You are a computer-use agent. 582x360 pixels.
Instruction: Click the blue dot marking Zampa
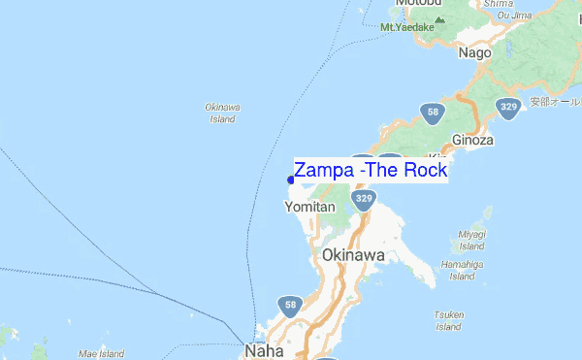[291, 179]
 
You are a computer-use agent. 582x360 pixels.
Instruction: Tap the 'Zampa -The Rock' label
[371, 171]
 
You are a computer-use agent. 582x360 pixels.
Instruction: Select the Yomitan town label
[310, 208]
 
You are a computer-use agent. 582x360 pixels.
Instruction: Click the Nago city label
[475, 53]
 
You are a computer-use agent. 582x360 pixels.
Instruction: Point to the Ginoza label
[473, 140]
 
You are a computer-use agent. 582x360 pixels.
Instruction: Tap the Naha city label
[263, 349]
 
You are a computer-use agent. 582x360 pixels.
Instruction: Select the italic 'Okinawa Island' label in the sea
[222, 113]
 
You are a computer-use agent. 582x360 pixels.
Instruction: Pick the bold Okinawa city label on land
[353, 255]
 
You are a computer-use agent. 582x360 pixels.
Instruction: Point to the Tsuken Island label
[448, 320]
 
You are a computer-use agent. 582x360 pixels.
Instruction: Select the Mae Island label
[101, 353]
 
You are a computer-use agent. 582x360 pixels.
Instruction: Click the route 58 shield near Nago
[432, 112]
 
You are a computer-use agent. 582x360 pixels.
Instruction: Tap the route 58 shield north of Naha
[289, 306]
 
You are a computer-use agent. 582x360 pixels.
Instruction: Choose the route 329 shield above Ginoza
[508, 108]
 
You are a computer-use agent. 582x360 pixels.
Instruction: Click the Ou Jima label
[513, 15]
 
